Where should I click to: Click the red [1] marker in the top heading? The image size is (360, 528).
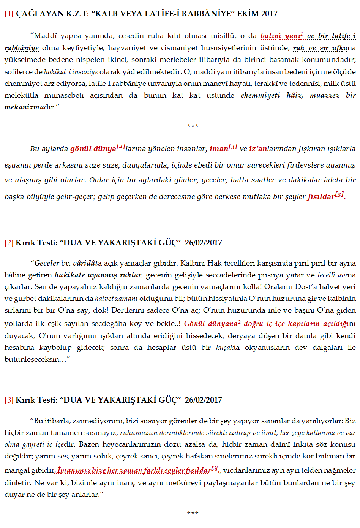(9, 14)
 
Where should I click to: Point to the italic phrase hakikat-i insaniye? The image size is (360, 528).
(71, 72)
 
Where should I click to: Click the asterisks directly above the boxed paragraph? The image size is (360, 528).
(193, 126)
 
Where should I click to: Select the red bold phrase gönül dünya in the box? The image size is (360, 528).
(93, 149)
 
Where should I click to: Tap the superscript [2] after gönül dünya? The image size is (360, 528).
(121, 146)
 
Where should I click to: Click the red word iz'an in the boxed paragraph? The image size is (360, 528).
(258, 149)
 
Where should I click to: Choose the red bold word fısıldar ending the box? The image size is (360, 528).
(321, 197)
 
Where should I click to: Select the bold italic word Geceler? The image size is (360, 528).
(47, 263)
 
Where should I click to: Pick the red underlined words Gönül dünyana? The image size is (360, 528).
(211, 324)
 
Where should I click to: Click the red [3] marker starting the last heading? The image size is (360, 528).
(9, 400)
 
